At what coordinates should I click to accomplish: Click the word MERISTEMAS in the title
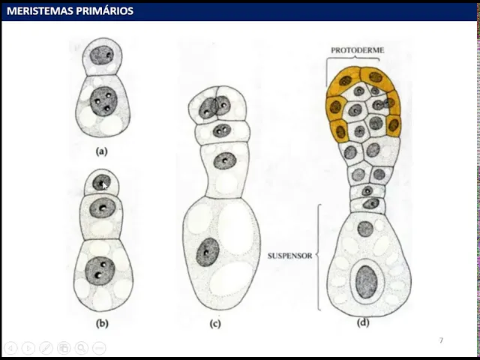tap(37, 11)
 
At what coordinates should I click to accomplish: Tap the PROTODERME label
tap(358, 50)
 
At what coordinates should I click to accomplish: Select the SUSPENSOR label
tap(289, 255)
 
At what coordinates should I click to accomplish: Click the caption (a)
tap(102, 151)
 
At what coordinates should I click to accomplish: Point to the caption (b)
tap(102, 323)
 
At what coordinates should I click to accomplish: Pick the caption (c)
tap(214, 323)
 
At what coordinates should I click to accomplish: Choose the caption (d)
tap(364, 323)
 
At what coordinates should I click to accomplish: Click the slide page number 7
tap(441, 340)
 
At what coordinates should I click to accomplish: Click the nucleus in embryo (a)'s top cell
tap(103, 55)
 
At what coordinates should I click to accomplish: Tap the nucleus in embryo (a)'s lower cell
tap(103, 100)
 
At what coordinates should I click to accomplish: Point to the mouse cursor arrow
tap(104, 185)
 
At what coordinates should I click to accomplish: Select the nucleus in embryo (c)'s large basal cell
tap(208, 253)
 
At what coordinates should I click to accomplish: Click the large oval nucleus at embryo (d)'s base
tap(366, 281)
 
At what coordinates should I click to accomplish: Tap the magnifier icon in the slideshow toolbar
tap(81, 348)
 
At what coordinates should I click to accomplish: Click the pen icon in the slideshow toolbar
tap(46, 348)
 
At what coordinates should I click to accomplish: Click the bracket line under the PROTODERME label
tap(358, 60)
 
